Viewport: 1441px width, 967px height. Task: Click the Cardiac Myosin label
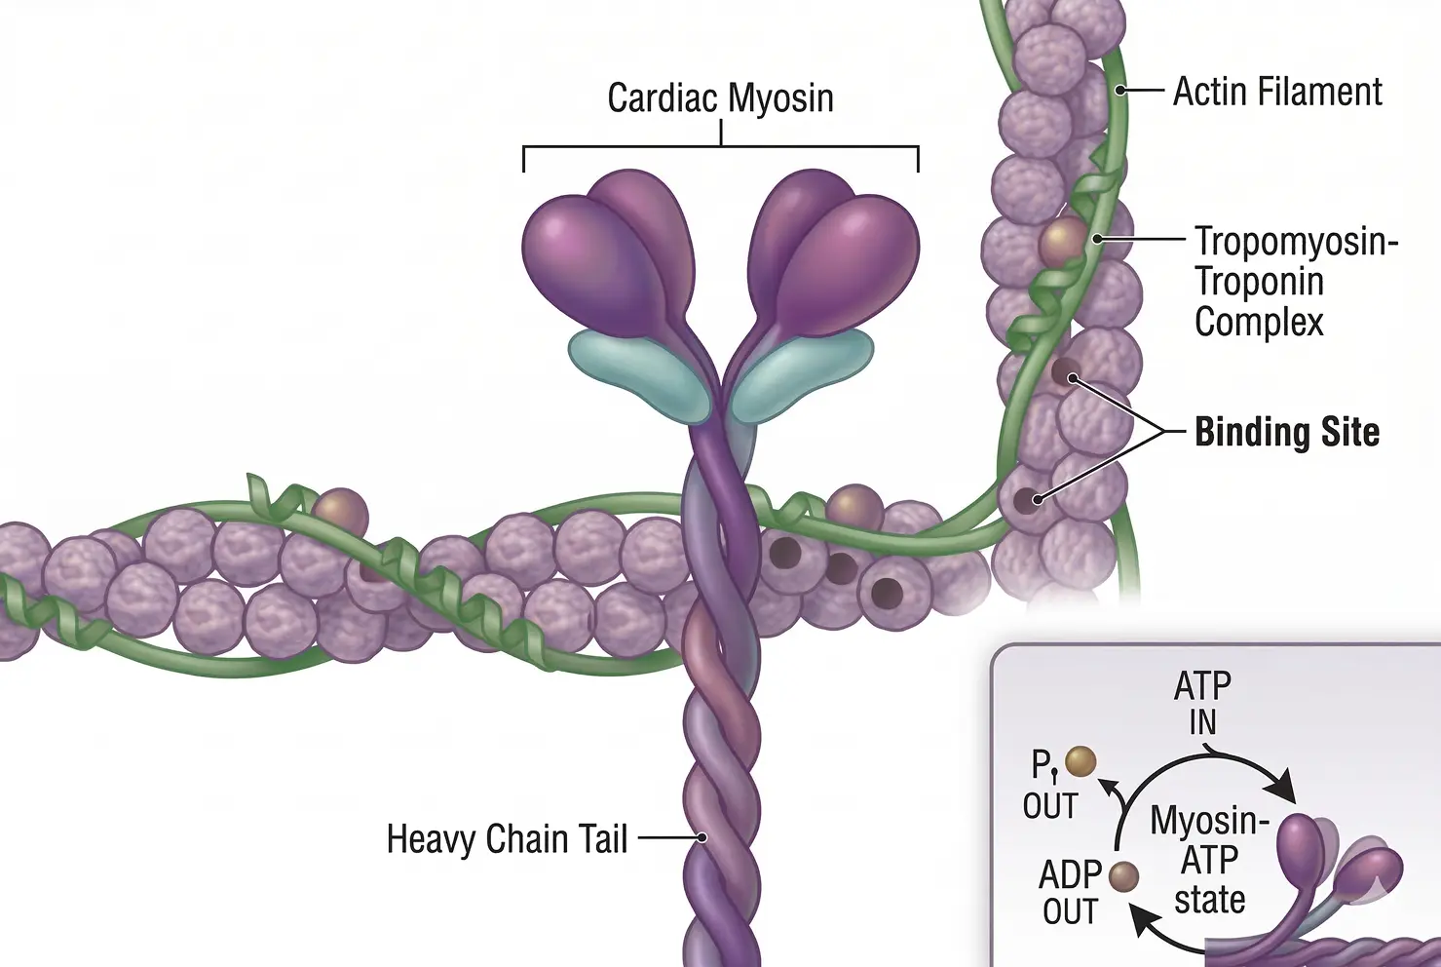click(x=720, y=98)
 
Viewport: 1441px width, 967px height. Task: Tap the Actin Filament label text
click(x=1276, y=93)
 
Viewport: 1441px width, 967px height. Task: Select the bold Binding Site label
click(x=1286, y=432)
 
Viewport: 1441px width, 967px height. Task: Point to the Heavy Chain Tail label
click(x=507, y=839)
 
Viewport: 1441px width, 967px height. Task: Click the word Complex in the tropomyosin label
click(x=1259, y=322)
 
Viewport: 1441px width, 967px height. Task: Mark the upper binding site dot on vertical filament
click(x=1066, y=372)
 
